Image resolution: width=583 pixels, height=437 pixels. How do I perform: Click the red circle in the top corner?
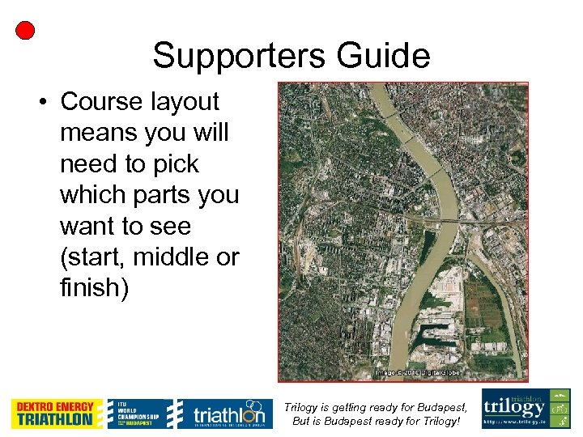[x=25, y=31]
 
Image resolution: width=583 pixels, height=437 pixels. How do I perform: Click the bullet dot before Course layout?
[x=40, y=102]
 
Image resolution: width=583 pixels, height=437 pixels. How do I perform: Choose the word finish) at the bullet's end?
[x=94, y=287]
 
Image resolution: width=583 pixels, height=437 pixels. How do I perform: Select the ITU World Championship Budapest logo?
[x=139, y=414]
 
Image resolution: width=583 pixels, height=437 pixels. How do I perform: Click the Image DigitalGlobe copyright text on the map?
[x=417, y=373]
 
